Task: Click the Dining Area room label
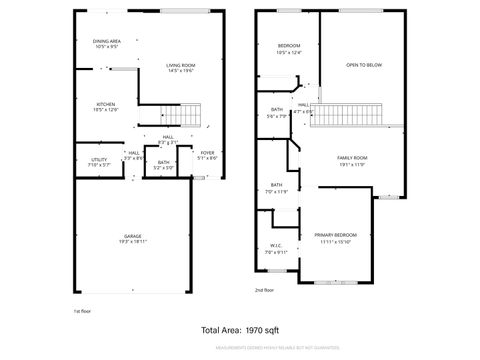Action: (x=107, y=42)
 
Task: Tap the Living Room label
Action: (x=181, y=65)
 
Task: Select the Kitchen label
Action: (x=106, y=104)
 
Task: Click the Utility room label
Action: (x=99, y=160)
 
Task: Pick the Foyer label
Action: (x=207, y=153)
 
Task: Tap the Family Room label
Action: (x=352, y=158)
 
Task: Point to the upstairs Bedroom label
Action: (x=289, y=46)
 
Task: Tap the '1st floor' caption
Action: (x=83, y=311)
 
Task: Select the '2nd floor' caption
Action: (x=265, y=290)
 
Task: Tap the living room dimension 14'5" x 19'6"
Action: (x=181, y=71)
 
